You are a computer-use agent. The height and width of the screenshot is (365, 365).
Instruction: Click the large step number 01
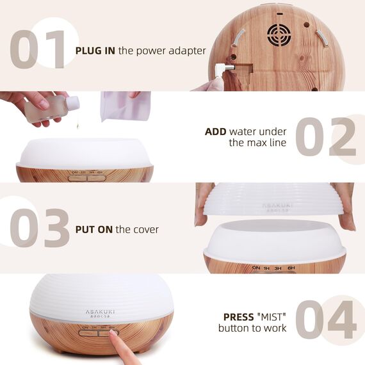pyautogui.click(x=40, y=49)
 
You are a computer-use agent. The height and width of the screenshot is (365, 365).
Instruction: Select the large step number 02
pyautogui.click(x=325, y=136)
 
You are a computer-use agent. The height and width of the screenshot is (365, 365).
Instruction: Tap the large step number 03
pyautogui.click(x=40, y=227)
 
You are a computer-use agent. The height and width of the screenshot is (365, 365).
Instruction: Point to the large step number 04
pyautogui.click(x=325, y=318)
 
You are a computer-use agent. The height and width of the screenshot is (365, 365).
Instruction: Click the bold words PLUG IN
pyautogui.click(x=95, y=50)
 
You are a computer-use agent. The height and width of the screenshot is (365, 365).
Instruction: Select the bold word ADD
pyautogui.click(x=216, y=132)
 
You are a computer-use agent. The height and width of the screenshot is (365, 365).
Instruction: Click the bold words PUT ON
pyautogui.click(x=94, y=229)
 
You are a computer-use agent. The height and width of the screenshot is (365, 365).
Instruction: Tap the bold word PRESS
pyautogui.click(x=238, y=317)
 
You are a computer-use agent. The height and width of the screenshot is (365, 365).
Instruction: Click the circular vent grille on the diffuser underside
pyautogui.click(x=279, y=33)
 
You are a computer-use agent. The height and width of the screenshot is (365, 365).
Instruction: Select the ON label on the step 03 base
pyautogui.click(x=256, y=268)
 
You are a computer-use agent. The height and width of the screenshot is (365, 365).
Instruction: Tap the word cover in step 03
pyautogui.click(x=145, y=229)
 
